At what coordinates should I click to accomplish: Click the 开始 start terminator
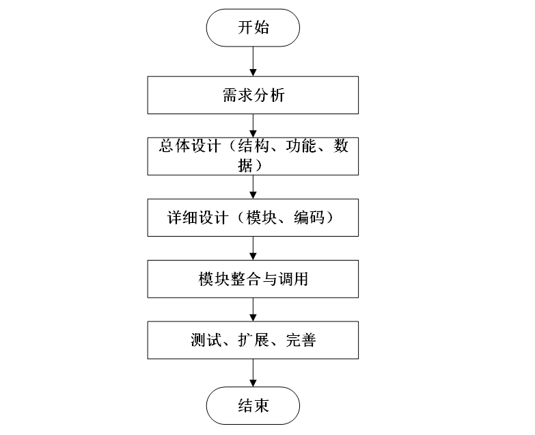click(x=253, y=28)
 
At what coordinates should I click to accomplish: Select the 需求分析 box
click(x=253, y=95)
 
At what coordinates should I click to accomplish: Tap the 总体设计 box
click(x=253, y=156)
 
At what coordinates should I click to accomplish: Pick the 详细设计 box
click(x=253, y=217)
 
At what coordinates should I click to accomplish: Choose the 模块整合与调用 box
click(x=253, y=278)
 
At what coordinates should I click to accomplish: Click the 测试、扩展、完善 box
click(x=253, y=340)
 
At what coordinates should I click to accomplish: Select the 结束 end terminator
click(x=253, y=406)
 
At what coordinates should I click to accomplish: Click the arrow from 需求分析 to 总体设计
click(x=253, y=125)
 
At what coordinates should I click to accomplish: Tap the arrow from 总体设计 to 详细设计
click(x=253, y=187)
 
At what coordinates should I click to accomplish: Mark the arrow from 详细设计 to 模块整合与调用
click(x=253, y=248)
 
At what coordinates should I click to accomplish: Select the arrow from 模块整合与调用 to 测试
click(x=253, y=309)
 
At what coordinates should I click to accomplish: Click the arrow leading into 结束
click(x=253, y=372)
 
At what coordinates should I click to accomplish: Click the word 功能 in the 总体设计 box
click(x=301, y=147)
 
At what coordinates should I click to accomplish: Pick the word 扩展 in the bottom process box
click(x=253, y=341)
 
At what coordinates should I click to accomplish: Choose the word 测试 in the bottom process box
click(x=206, y=341)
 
